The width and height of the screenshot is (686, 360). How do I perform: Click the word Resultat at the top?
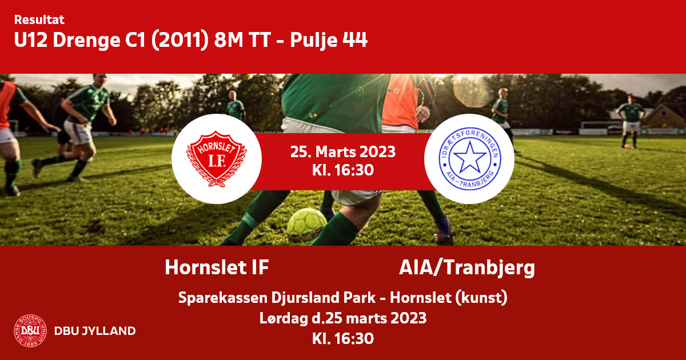(x=39, y=20)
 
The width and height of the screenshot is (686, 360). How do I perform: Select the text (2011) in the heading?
(x=180, y=40)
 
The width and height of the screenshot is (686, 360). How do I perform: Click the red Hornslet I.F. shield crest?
(x=217, y=159)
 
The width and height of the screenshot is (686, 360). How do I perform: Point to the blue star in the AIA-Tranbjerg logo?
(x=469, y=157)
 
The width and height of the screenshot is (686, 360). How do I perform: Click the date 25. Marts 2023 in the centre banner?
(x=343, y=152)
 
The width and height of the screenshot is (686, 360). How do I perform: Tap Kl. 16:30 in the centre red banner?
(x=343, y=170)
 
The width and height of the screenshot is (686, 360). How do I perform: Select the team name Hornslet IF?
(x=217, y=267)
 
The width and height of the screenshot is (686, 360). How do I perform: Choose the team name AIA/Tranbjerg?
(x=467, y=268)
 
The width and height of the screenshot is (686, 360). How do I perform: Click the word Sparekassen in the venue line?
(x=223, y=298)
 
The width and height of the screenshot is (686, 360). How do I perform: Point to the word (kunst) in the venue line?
(x=481, y=298)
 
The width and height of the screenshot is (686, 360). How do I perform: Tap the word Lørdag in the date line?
(x=284, y=319)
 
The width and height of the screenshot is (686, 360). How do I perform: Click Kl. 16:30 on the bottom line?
(x=343, y=338)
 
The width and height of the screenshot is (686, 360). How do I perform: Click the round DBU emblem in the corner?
(x=30, y=331)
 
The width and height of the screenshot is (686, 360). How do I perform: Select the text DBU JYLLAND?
(x=95, y=331)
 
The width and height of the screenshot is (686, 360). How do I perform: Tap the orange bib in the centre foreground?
(x=401, y=101)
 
